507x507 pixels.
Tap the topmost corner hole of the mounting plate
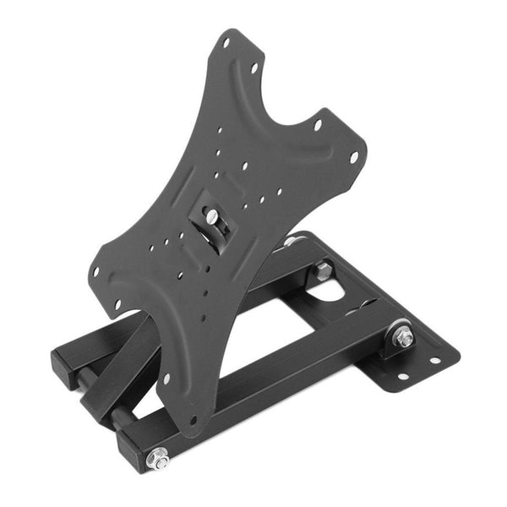tap(226, 41)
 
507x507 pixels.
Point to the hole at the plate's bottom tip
tap(193, 419)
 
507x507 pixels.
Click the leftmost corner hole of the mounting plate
tap(96, 272)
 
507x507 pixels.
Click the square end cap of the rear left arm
tap(64, 363)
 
